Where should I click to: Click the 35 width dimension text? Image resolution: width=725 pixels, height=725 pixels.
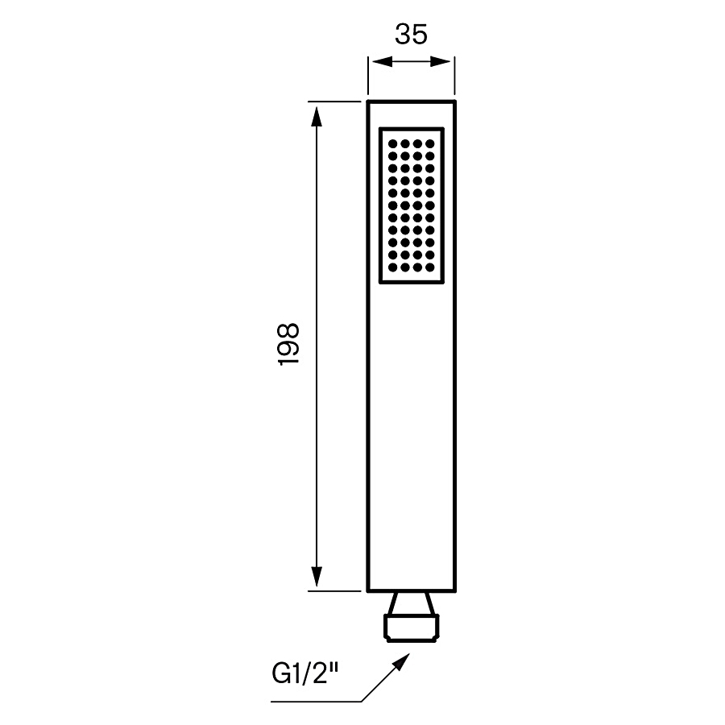point(411,35)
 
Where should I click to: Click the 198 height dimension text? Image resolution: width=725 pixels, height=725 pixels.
point(289,346)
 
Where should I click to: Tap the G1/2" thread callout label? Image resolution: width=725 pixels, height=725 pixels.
point(304,671)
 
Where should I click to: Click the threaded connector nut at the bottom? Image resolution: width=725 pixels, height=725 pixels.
point(411,628)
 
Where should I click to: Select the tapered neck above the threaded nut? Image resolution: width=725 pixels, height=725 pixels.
point(411,603)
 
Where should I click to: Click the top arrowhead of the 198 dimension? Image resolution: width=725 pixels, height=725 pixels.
point(317,113)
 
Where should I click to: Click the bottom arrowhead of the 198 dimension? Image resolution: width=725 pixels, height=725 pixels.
point(317,579)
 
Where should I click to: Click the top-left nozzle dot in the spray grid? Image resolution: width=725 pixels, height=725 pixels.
point(392,144)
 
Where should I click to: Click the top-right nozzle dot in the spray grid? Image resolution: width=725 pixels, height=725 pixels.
point(430,144)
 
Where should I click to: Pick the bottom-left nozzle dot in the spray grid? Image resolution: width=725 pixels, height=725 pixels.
point(392,267)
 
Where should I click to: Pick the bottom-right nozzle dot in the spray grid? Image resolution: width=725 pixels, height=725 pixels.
point(430,267)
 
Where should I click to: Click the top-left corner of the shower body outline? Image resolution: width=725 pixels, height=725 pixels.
point(368,101)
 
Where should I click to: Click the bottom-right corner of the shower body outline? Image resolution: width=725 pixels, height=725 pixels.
point(455,590)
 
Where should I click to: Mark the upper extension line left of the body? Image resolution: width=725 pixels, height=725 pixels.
point(334,101)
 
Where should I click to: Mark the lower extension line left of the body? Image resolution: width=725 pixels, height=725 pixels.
point(334,590)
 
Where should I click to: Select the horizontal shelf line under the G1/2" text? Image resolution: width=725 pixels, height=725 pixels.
point(314,702)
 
